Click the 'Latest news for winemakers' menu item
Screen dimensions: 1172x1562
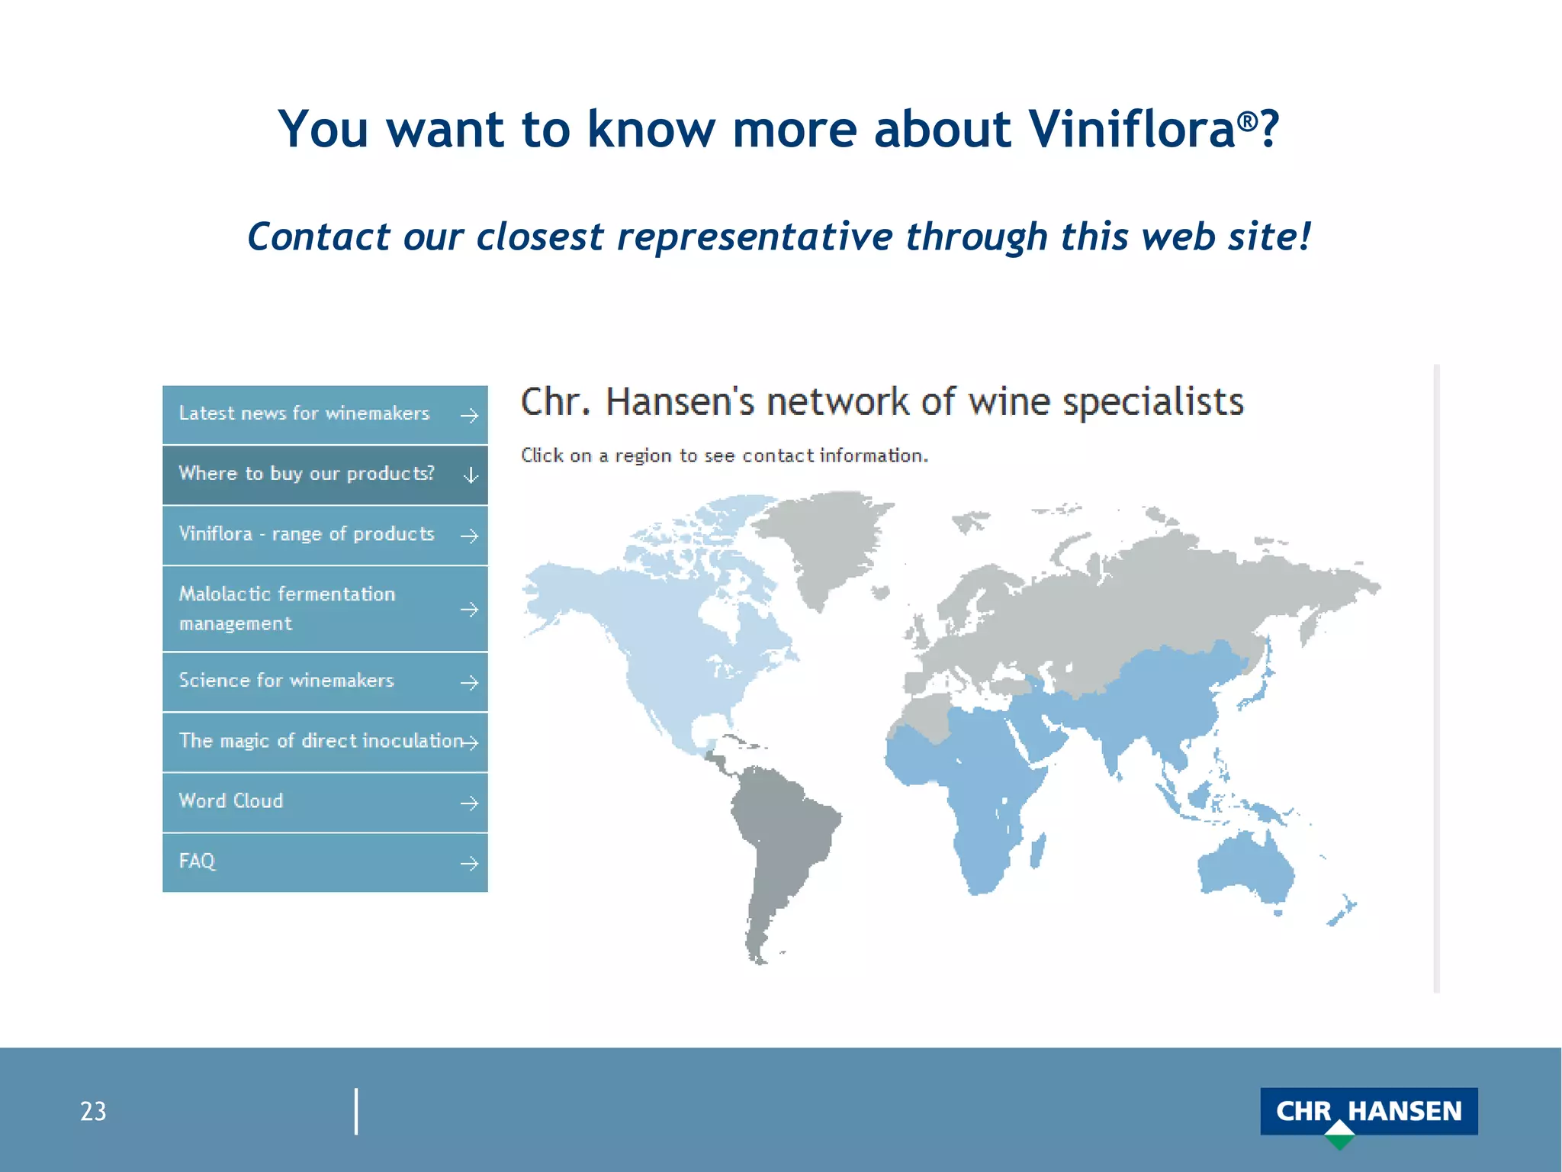tap(305, 414)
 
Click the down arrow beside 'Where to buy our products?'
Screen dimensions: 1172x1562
tap(471, 475)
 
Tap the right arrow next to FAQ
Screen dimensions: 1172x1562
tap(469, 863)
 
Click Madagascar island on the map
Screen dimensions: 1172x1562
tap(1037, 850)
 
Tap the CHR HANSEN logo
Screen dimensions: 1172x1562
tap(1368, 1112)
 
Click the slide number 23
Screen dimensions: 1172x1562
tap(93, 1112)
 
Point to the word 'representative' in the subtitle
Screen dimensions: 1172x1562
tap(754, 236)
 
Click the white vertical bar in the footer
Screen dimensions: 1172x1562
tap(356, 1111)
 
